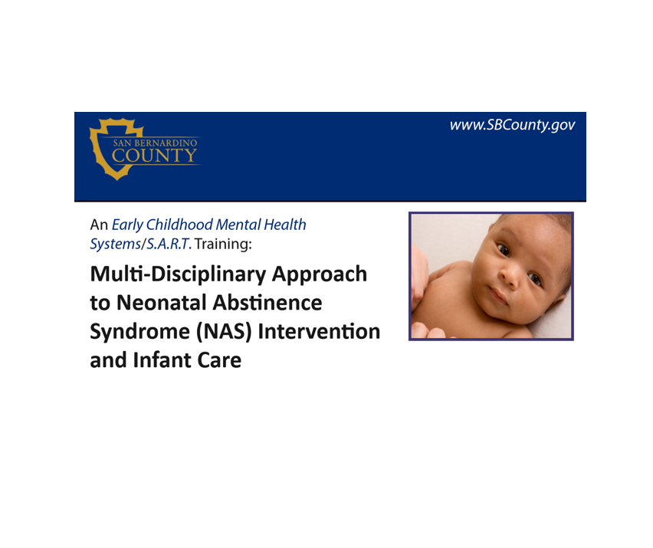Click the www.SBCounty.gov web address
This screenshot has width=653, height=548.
(x=511, y=125)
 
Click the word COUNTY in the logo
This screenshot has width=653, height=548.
(x=155, y=156)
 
